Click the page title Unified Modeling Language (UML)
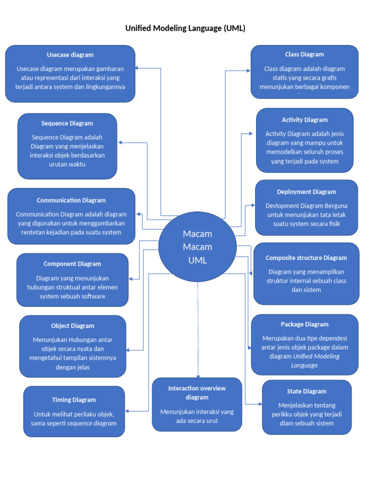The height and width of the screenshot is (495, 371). (x=185, y=29)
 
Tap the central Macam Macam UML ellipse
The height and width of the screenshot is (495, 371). (x=198, y=247)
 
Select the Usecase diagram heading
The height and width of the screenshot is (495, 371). (x=70, y=55)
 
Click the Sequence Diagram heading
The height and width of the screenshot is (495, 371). (x=67, y=123)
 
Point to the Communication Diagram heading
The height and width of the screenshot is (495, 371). (x=71, y=200)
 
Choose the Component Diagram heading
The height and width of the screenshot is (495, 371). (x=72, y=264)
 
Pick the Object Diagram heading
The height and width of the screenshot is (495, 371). (x=72, y=326)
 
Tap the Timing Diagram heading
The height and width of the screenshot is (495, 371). (x=74, y=400)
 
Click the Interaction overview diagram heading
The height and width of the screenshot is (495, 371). (x=197, y=393)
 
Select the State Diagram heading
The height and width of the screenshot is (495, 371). (x=307, y=391)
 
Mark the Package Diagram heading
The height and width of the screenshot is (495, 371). (x=304, y=324)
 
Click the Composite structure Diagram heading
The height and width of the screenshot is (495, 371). (x=306, y=258)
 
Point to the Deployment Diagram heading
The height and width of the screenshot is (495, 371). (x=306, y=192)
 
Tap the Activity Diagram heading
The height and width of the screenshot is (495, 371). (x=305, y=120)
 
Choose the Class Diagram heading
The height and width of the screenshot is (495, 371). (x=304, y=55)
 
